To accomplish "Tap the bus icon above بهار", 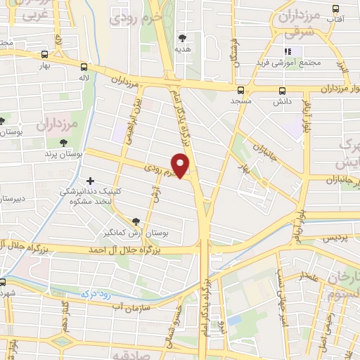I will point(46,54).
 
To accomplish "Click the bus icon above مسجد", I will point(241,90).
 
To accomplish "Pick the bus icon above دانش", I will point(283,91).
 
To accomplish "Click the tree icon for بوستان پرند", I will point(63,143).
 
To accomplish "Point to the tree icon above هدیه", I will point(184,38).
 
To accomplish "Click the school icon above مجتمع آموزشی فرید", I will point(288,51).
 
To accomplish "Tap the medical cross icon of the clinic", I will point(89,180).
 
